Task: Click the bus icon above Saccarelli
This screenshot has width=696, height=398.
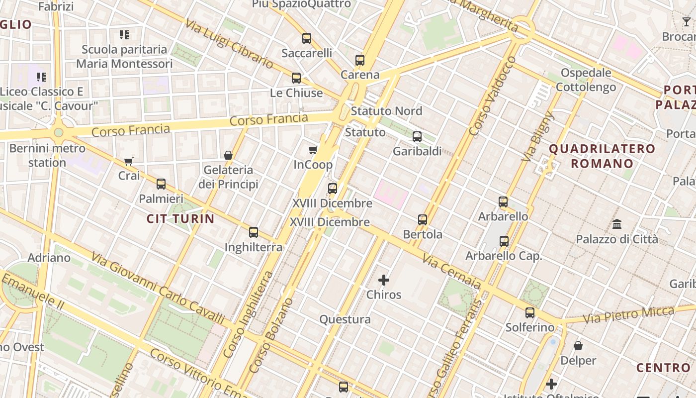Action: [307, 38]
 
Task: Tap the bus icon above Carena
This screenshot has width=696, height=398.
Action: [360, 60]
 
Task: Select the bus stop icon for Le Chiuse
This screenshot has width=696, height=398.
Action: [296, 78]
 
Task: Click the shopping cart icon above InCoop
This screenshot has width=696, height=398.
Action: [313, 150]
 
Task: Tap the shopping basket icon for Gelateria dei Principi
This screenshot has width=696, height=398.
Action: [228, 155]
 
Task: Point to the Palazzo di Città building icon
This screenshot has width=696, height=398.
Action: [617, 224]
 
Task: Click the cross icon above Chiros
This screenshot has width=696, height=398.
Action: [384, 280]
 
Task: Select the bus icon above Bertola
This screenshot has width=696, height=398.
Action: [423, 219]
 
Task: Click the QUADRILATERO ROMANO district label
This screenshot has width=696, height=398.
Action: [602, 156]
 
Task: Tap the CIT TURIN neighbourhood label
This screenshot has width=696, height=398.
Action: [180, 218]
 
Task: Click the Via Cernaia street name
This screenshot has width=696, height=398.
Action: [451, 272]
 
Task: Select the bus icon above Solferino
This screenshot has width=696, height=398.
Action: [530, 313]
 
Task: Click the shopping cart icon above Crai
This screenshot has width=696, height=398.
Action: [129, 161]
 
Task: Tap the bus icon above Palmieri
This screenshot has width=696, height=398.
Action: [161, 184]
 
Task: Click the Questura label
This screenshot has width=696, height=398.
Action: [345, 319]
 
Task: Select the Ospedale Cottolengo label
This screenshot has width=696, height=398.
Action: [586, 80]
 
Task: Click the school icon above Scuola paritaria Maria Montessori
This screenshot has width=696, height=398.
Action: [124, 35]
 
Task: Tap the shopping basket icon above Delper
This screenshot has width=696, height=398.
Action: [578, 345]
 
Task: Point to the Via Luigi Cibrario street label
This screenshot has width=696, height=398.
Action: [229, 44]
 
